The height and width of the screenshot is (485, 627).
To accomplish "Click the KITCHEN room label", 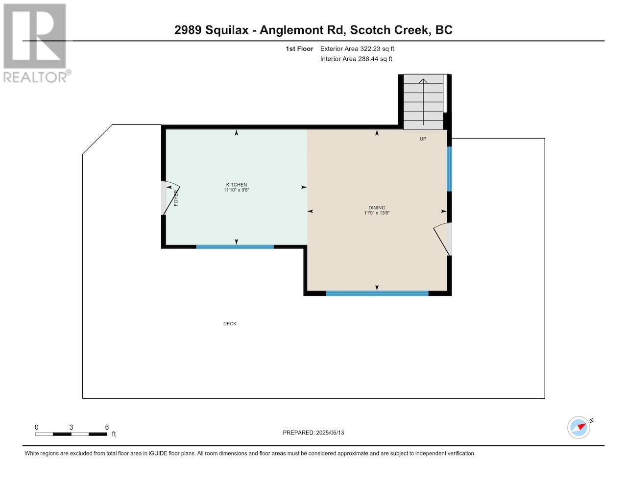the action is pos(236,185).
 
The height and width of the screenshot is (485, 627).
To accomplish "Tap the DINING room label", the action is pos(377,208).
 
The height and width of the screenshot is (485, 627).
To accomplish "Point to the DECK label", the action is pos(230,324).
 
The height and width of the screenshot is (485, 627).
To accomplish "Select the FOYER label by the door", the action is pos(176,198).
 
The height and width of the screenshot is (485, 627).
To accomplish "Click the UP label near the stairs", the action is pos(423,139).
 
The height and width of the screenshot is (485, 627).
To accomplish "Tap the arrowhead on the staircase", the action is pos(423,81).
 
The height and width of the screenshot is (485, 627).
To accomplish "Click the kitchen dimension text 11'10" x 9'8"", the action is pos(236,190).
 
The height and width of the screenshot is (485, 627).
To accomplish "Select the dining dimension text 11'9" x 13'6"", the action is pos(377,213).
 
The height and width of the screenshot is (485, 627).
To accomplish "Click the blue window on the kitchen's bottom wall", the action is pos(235,247).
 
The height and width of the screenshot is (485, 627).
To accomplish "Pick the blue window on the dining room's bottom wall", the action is pos(377,293).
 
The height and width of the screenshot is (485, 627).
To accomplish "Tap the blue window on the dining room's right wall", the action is pos(449,169).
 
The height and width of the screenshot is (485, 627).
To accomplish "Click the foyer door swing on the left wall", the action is pos(170,198).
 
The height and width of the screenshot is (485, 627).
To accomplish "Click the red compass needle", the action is pos(582,427).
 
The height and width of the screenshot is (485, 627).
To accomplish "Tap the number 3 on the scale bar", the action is pos(71,427).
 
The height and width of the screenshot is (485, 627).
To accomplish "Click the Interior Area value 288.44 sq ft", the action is pos(375,59).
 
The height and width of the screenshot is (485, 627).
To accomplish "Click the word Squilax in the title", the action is pos(227,30).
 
